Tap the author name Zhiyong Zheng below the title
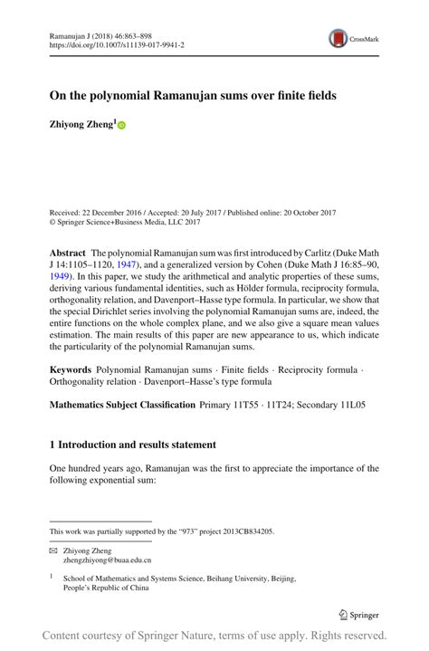(x=81, y=127)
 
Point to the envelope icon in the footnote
(x=53, y=550)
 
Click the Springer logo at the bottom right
(x=358, y=614)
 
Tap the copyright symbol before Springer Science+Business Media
(x=52, y=221)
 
